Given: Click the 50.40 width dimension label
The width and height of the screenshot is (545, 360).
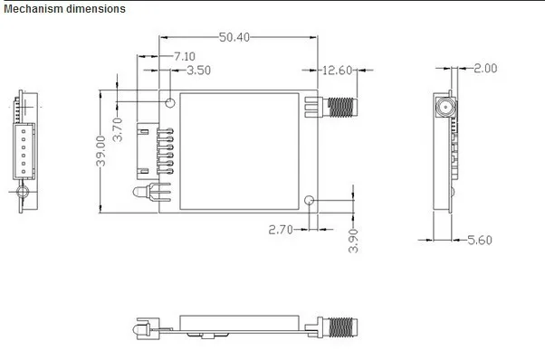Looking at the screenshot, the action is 234,37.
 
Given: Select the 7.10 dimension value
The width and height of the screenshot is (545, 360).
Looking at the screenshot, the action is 184,56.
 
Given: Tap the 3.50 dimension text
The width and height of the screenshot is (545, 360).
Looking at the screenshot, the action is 198,71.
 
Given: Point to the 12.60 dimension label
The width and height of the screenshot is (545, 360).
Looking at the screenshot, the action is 337,71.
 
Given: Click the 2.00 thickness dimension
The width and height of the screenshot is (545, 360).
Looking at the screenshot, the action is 485,68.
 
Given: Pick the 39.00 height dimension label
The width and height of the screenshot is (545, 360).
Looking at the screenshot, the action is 100,151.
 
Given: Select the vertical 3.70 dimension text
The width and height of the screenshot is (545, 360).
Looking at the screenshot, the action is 119,129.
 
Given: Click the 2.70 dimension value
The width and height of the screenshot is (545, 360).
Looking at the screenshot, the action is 281,230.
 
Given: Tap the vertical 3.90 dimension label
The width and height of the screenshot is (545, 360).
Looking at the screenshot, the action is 353,241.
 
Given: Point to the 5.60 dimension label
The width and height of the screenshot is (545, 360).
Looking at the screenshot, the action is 480,240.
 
